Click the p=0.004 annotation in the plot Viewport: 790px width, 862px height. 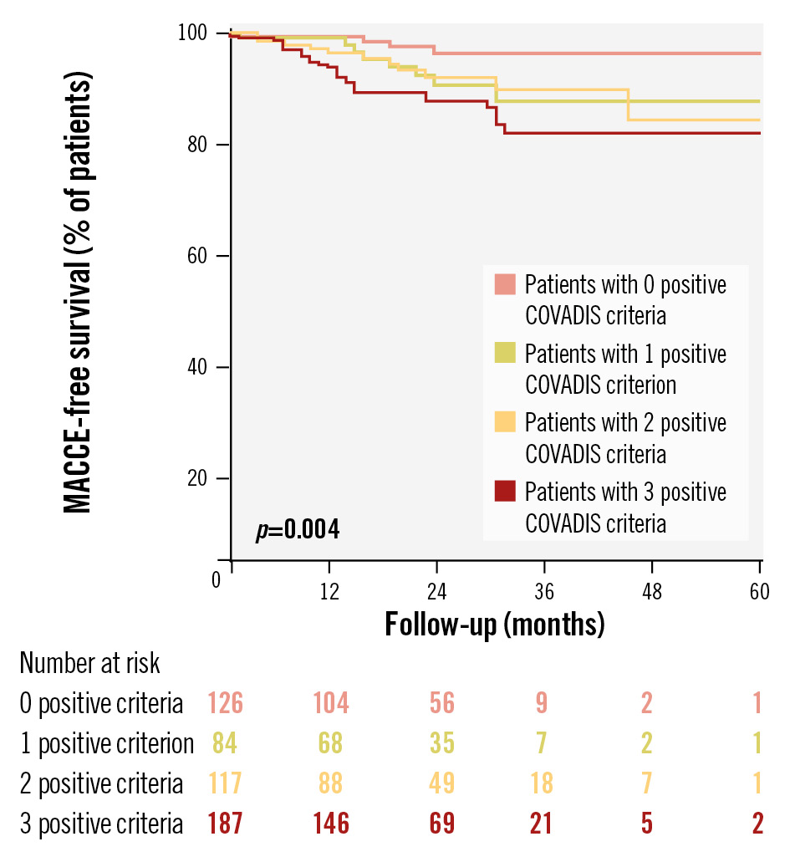tap(297, 529)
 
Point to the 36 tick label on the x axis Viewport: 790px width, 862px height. tap(544, 592)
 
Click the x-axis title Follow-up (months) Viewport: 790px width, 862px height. tap(494, 624)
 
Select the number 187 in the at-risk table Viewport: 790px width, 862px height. tap(225, 824)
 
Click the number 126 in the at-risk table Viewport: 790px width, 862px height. tap(225, 703)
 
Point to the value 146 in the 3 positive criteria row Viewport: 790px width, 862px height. tap(331, 824)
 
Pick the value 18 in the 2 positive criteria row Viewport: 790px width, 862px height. tap(542, 783)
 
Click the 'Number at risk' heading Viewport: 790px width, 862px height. tap(89, 664)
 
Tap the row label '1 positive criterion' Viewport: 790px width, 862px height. tap(107, 743)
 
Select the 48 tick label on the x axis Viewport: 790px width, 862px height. tap(651, 592)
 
